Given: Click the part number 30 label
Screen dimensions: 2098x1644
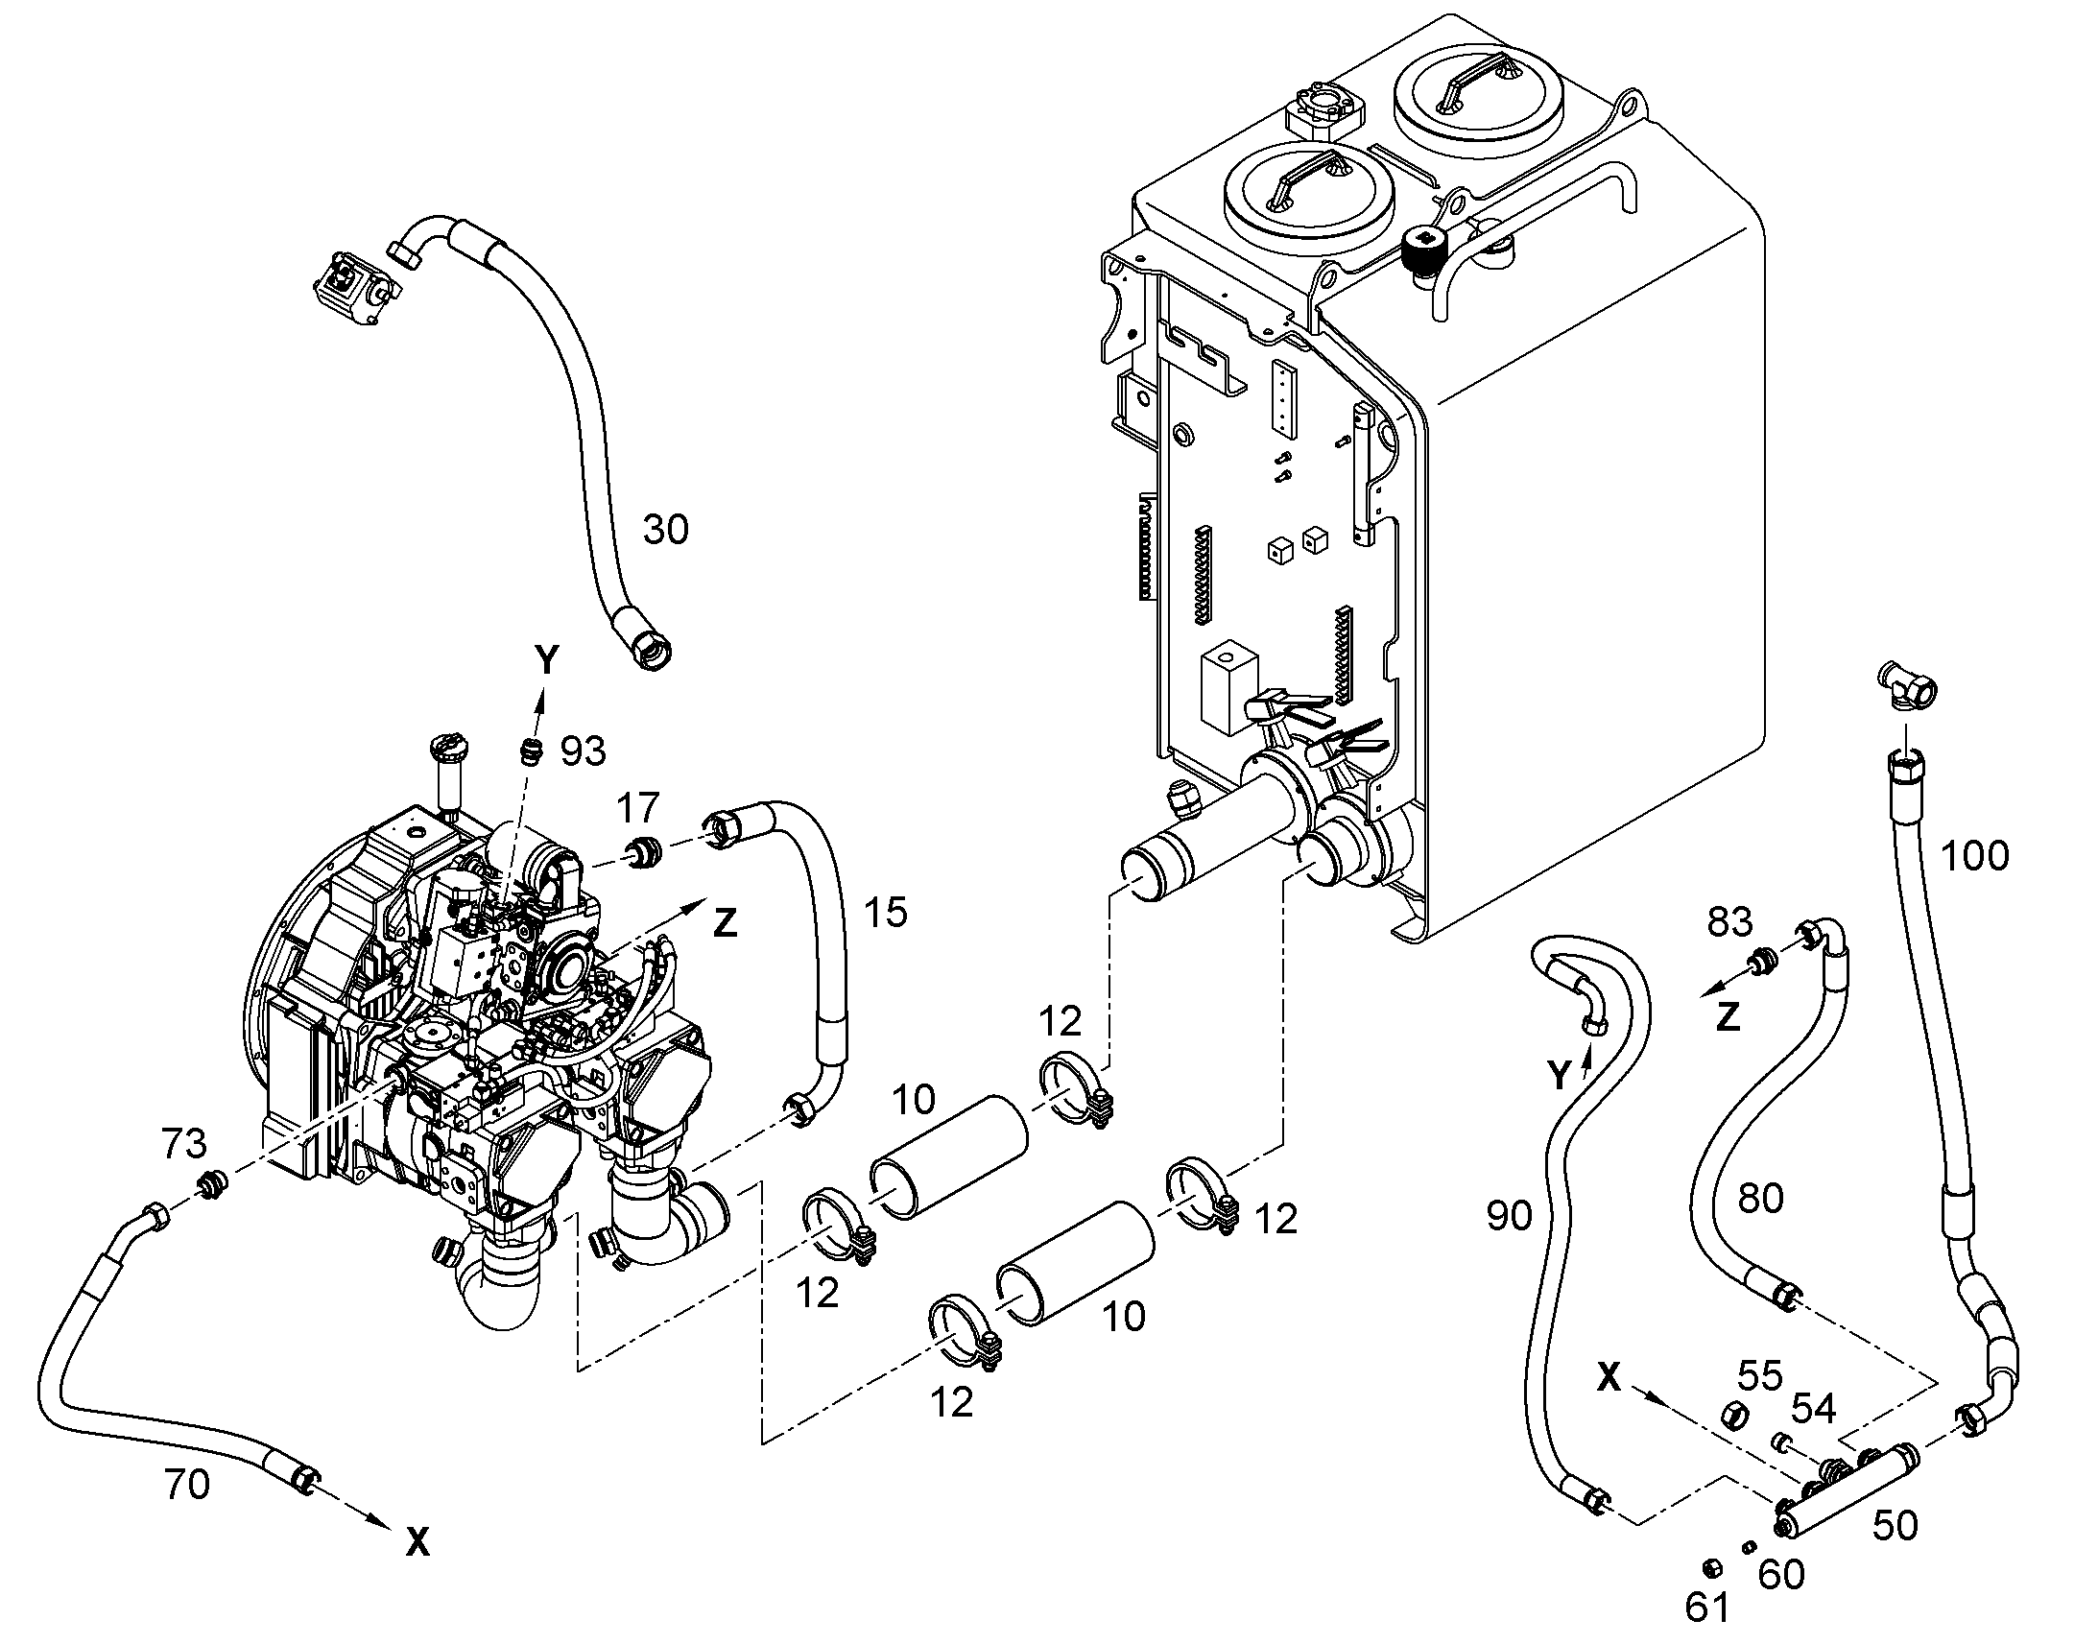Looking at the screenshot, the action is pyautogui.click(x=665, y=530).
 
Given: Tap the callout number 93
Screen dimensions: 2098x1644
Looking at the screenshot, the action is pyautogui.click(x=584, y=751).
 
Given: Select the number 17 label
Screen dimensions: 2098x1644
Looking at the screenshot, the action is pyautogui.click(x=638, y=806).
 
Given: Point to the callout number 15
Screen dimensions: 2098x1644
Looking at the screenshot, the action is pyautogui.click(x=886, y=912).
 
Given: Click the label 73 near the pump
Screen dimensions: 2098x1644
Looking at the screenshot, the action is pyautogui.click(x=184, y=1143).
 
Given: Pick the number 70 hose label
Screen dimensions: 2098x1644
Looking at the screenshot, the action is pyautogui.click(x=187, y=1486).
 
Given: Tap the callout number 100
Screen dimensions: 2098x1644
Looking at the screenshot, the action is pyautogui.click(x=1974, y=855).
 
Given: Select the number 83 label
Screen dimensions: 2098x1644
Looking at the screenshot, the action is pyautogui.click(x=1729, y=922).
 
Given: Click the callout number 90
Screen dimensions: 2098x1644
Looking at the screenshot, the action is pyautogui.click(x=1509, y=1217).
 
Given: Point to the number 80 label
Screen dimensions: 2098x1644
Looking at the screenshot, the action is pyautogui.click(x=1761, y=1199).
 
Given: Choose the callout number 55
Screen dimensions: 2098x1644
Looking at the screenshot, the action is pyautogui.click(x=1760, y=1376).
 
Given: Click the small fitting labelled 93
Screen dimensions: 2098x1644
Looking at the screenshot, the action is pyautogui.click(x=528, y=751).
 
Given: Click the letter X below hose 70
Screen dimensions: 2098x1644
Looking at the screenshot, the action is pyautogui.click(x=417, y=1544).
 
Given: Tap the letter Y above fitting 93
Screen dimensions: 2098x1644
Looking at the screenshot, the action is pyautogui.click(x=547, y=660).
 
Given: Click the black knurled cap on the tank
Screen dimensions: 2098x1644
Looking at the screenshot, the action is pyautogui.click(x=1420, y=250).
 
